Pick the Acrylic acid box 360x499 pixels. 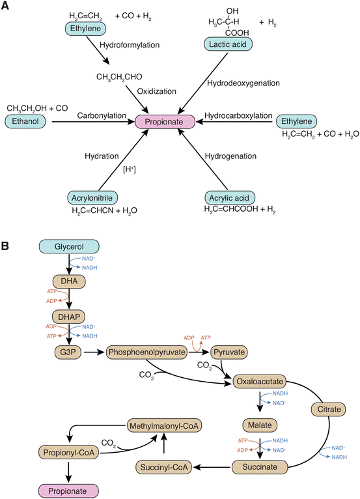tap(230, 197)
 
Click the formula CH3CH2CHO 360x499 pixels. tap(120, 77)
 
